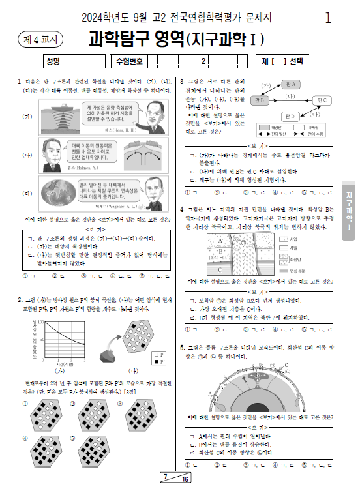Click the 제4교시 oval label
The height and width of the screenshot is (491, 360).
click(37, 39)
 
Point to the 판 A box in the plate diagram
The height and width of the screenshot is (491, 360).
click(290, 85)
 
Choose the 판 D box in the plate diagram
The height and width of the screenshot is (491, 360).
click(290, 115)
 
